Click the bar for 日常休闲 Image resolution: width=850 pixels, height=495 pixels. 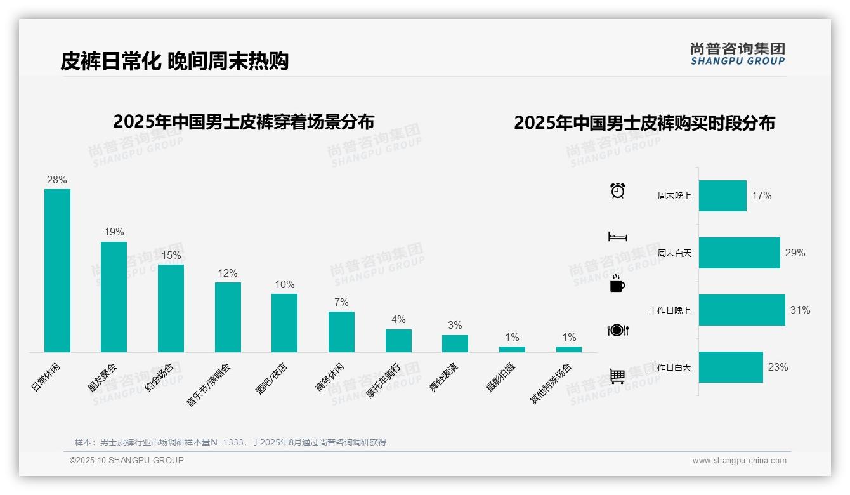coord(57,270)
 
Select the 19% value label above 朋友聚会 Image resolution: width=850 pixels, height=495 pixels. coord(114,232)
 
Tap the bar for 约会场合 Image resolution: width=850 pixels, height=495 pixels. coord(171,308)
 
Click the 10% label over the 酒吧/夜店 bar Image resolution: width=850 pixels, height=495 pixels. coord(284,284)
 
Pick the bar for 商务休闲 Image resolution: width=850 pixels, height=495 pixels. coord(341,332)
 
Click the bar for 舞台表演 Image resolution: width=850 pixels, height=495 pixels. coord(455,343)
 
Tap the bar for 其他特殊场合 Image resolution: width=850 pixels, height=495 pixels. coord(568,349)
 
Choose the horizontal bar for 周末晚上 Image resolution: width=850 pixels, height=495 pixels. coord(723,195)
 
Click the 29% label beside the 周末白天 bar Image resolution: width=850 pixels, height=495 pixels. coord(795,253)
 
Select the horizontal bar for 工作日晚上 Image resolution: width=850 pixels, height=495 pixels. coord(742,310)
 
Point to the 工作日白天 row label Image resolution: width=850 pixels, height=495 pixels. coord(670,367)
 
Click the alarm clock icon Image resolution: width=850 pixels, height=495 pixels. coord(617,190)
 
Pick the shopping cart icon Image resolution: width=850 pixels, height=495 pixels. coord(617,376)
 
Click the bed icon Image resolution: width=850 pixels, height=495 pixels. coord(617,237)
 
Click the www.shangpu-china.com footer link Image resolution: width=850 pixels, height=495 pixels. coord(739,461)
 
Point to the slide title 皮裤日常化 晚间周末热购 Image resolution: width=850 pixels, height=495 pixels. coord(174,61)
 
